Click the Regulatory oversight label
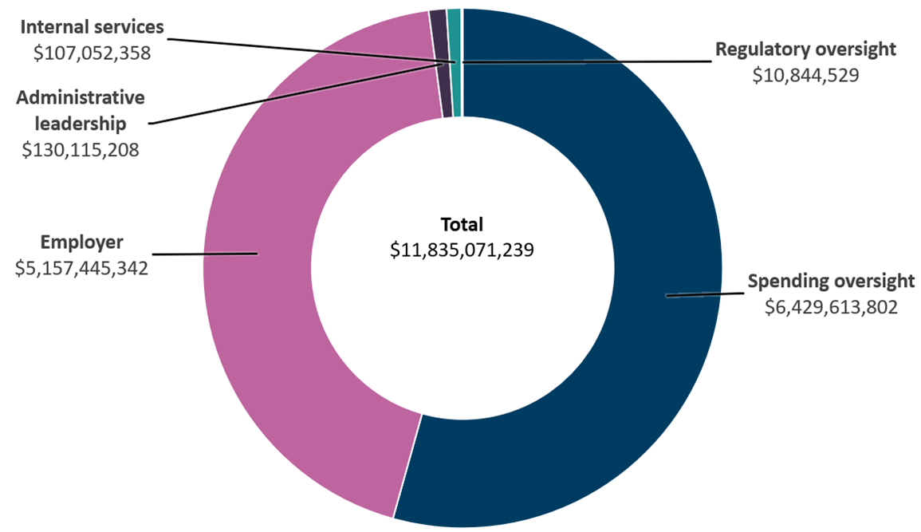tap(805, 49)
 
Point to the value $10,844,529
tap(805, 76)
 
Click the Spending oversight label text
tap(830, 282)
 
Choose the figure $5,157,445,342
tap(81, 268)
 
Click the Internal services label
tap(92, 27)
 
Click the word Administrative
tap(81, 98)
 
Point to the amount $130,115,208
tap(81, 150)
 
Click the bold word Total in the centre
tap(462, 225)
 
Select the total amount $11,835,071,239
tap(462, 250)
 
